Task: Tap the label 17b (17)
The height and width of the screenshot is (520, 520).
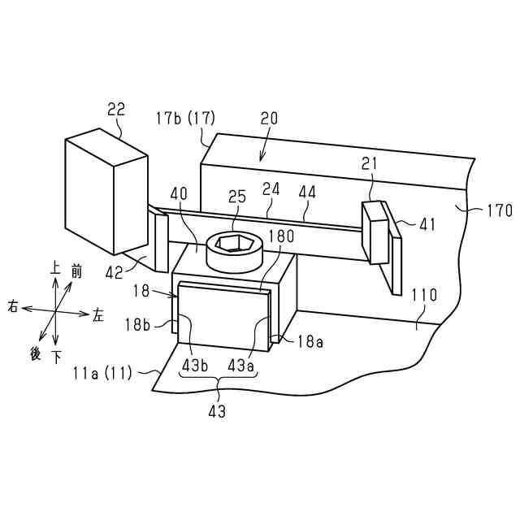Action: (185, 118)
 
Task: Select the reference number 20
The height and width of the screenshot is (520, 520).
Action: (269, 118)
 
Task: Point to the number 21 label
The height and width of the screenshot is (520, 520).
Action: (370, 165)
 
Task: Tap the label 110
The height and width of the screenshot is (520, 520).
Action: (423, 297)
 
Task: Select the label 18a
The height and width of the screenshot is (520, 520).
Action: (310, 342)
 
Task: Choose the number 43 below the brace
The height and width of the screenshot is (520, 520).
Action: (217, 411)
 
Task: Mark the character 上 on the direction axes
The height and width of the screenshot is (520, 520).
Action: (54, 267)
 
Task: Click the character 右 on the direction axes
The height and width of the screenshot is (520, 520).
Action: (14, 307)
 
